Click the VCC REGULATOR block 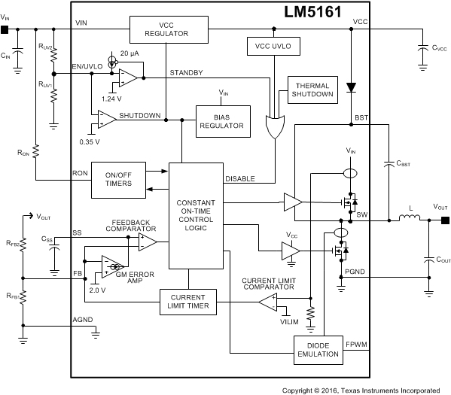pos(168,29)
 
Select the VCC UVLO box pos(272,46)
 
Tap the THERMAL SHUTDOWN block pos(312,91)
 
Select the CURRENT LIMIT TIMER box pos(187,302)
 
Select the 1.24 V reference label pos(111,98)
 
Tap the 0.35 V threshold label pos(90,141)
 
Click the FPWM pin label pos(357,345)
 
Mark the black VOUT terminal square pos(445,220)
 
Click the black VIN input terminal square pos(5,30)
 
